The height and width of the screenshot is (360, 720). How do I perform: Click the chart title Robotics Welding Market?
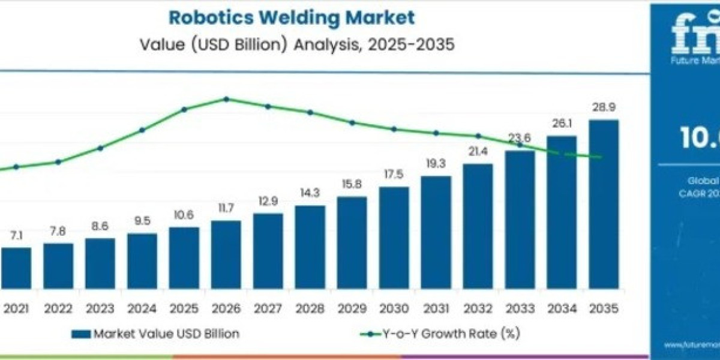(x=292, y=17)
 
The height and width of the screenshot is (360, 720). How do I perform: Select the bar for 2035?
(x=603, y=204)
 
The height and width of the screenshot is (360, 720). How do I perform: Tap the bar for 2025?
(x=184, y=257)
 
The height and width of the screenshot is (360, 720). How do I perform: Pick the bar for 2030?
(x=394, y=237)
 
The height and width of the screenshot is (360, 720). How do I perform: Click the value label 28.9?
(x=603, y=108)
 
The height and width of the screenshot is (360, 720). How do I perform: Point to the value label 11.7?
(x=226, y=209)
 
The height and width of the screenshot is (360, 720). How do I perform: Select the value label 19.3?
(x=436, y=164)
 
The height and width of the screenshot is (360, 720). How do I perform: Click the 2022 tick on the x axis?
(x=58, y=308)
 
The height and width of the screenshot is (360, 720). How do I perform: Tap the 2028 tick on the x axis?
(x=310, y=308)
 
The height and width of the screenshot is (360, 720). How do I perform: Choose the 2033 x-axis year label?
(x=520, y=308)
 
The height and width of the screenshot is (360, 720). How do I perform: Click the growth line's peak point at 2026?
(x=226, y=99)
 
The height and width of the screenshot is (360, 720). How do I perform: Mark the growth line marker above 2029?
(x=352, y=122)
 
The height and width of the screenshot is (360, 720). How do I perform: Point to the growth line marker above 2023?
(x=100, y=148)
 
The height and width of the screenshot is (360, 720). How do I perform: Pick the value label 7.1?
(x=16, y=236)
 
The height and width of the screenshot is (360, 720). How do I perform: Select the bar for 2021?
(x=16, y=268)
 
